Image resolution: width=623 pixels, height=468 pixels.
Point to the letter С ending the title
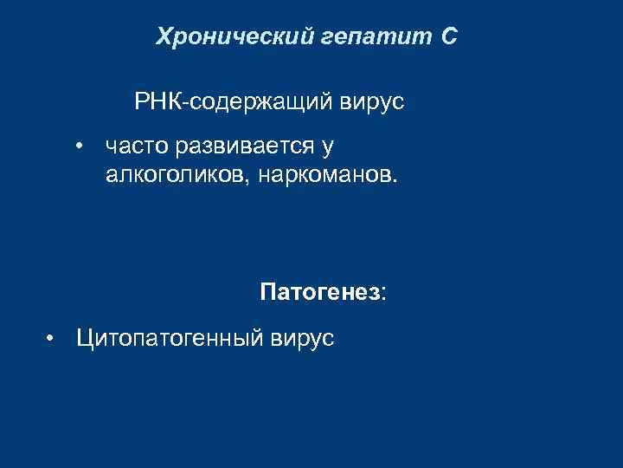point(446,36)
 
